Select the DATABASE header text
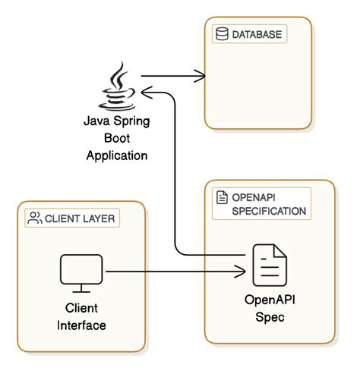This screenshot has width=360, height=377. [x=257, y=34]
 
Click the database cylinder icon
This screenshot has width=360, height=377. [x=222, y=34]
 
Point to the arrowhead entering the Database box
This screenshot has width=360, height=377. [x=202, y=76]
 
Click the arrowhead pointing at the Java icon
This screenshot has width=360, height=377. [x=146, y=92]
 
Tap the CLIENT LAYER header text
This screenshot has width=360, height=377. [x=80, y=219]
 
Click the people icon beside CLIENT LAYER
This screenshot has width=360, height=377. [x=34, y=219]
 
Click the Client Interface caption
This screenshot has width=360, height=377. [x=81, y=318]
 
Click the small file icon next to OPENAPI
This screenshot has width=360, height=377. [x=222, y=197]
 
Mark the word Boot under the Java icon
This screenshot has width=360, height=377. [x=116, y=138]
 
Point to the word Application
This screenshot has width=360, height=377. [x=116, y=156]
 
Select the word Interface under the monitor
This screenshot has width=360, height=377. [x=81, y=326]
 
